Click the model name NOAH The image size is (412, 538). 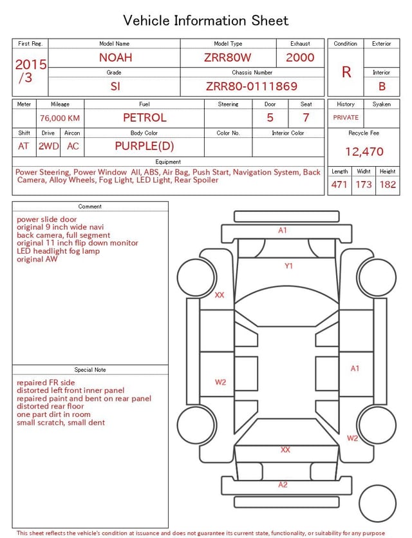click(x=115, y=57)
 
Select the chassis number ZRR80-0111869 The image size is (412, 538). click(x=252, y=86)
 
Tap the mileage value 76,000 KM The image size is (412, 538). click(x=60, y=118)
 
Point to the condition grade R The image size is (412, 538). click(x=346, y=72)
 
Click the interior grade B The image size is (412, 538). click(x=382, y=86)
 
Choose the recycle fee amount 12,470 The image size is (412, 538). click(x=364, y=151)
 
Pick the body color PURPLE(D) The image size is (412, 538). click(x=144, y=146)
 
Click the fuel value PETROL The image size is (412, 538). click(x=145, y=118)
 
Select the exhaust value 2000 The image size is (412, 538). click(x=300, y=57)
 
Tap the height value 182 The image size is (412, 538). click(x=388, y=184)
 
